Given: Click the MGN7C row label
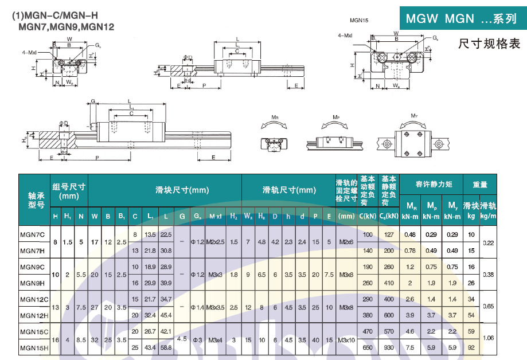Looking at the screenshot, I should (32, 234).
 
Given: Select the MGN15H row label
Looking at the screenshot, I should (32, 347).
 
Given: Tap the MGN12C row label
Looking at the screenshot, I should (32, 299).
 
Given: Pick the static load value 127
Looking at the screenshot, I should (389, 234).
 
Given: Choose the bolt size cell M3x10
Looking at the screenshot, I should (346, 339).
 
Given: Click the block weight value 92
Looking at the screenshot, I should (471, 347).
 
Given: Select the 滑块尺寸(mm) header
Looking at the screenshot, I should (182, 190).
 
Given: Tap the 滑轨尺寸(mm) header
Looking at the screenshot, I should (288, 190).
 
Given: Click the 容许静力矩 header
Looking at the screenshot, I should (434, 184).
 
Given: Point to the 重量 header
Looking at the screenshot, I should (480, 185).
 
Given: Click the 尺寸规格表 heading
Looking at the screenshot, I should (489, 44).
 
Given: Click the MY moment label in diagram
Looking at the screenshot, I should (414, 116).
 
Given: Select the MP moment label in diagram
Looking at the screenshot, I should (336, 116).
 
